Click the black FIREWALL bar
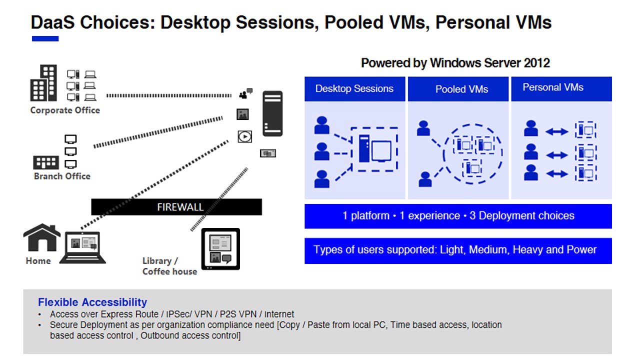click(176, 207)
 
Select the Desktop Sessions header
click(354, 89)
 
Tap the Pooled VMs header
click(461, 89)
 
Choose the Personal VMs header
click(553, 87)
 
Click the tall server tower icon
click(272, 113)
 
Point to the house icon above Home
click(42, 237)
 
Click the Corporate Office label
click(65, 110)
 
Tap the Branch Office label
click(62, 176)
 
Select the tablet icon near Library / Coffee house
click(220, 249)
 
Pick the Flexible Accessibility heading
click(92, 302)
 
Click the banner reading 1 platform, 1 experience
click(458, 216)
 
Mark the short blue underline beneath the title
click(45, 38)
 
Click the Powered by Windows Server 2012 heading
click(455, 63)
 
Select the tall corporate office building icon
click(44, 83)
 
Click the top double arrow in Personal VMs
click(556, 132)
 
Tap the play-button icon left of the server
click(244, 136)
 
